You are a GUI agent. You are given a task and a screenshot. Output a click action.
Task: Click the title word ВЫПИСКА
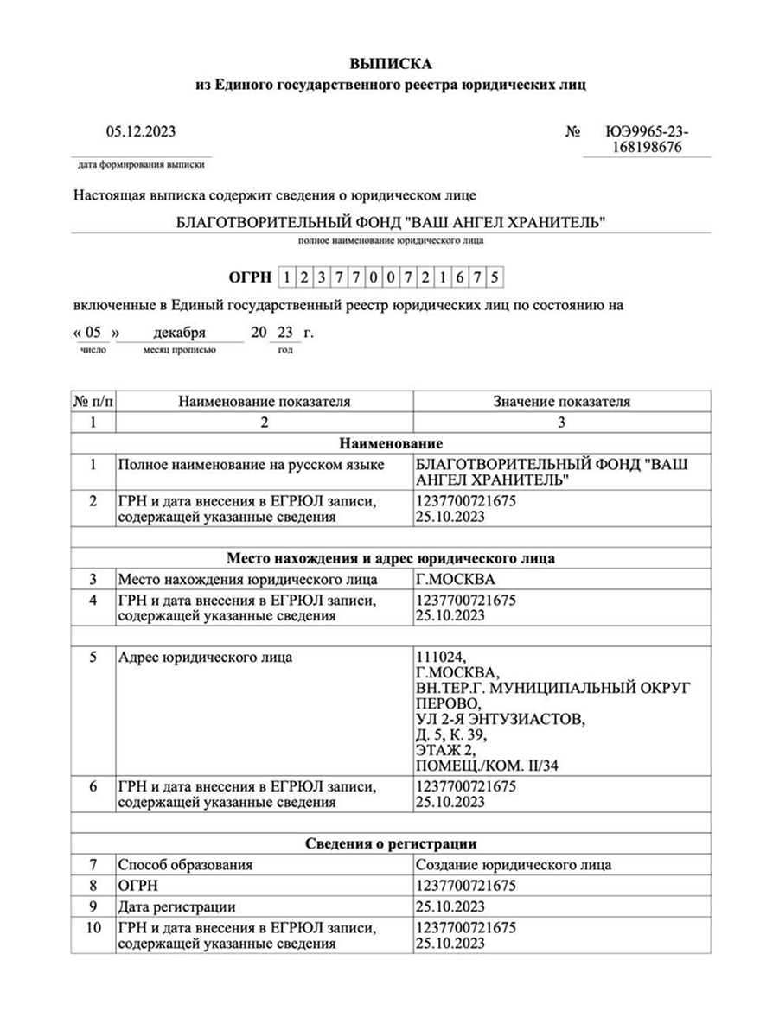click(390, 64)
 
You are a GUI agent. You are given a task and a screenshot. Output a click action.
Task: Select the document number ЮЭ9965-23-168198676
click(647, 140)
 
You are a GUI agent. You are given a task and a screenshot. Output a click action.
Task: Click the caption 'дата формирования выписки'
click(143, 163)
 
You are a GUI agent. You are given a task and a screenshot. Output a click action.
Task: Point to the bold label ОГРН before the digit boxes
click(250, 277)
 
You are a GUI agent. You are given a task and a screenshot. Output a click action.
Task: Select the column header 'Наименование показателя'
click(265, 401)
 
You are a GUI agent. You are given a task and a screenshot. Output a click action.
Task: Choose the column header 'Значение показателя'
click(561, 401)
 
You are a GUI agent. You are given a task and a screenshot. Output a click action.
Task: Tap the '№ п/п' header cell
click(93, 401)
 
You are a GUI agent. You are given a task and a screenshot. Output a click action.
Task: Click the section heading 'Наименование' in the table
click(391, 443)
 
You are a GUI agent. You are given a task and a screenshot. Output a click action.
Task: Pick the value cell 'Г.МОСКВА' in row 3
click(456, 579)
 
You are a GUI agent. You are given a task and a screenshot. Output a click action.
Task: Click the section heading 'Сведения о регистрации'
click(391, 843)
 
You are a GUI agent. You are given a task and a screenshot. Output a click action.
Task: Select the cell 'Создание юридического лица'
click(514, 864)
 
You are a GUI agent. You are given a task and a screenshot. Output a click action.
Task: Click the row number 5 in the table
click(93, 658)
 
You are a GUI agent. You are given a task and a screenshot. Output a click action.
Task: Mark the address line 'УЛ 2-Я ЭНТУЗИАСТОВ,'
click(501, 720)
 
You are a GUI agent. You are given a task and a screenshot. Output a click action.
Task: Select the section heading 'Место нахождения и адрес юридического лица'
click(391, 558)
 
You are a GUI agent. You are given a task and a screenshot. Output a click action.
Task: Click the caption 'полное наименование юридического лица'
click(391, 241)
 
